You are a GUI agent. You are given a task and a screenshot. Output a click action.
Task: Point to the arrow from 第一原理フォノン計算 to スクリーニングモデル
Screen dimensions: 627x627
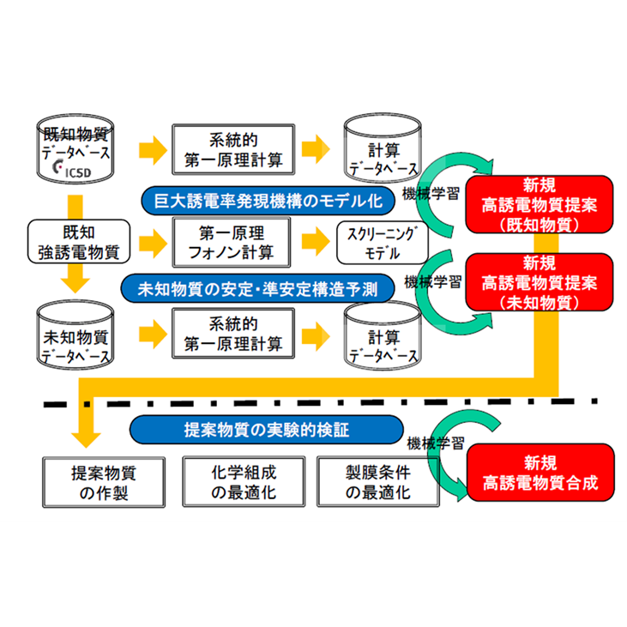[310, 242]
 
